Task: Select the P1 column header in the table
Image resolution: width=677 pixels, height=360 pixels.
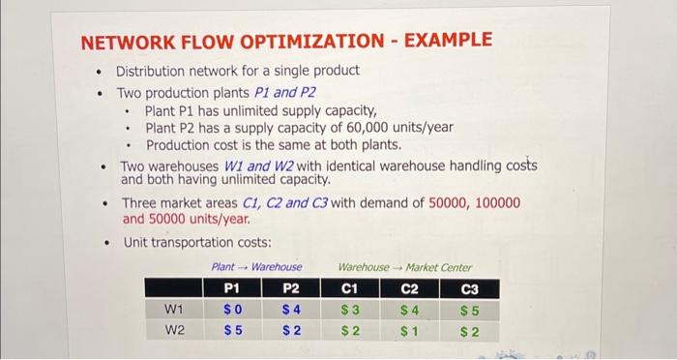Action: point(231,288)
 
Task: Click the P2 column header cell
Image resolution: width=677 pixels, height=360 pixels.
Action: point(291,288)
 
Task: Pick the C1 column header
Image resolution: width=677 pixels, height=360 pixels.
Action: point(350,288)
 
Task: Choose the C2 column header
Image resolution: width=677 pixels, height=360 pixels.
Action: point(410,288)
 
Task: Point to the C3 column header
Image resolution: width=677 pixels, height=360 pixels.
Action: point(470,288)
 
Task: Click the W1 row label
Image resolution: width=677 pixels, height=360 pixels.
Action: point(174,311)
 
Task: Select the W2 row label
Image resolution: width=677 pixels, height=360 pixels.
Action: point(174,330)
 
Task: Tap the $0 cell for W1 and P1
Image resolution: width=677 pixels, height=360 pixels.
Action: point(231,311)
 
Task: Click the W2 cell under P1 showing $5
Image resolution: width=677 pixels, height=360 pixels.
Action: point(231,330)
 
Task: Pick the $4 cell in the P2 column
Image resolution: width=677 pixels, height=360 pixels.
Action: point(291,311)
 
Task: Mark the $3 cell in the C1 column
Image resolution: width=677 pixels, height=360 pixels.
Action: point(350,311)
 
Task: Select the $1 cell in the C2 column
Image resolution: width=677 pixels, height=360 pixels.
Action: point(410,330)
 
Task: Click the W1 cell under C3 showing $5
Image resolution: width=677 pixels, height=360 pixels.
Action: point(470,311)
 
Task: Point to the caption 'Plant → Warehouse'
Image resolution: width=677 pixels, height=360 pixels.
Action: point(256,266)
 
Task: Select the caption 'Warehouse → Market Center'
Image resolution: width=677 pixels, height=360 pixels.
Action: point(404,266)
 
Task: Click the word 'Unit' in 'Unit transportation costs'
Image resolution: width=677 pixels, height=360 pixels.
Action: point(138,242)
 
